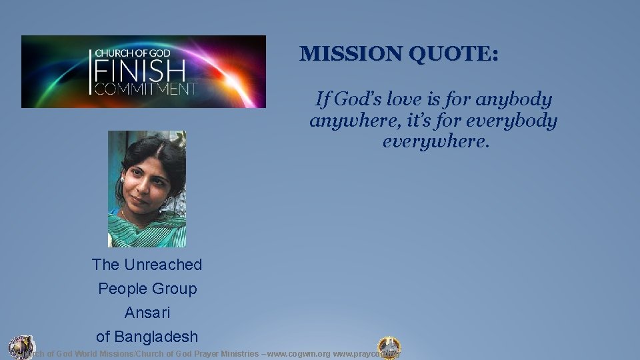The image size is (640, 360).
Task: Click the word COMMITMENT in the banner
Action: coord(145,89)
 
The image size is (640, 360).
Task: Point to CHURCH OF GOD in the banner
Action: coord(132,53)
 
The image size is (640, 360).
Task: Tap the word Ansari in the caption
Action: coord(147,313)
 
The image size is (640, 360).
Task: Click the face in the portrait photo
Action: coord(144,183)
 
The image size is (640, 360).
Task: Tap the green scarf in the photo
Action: coord(147,230)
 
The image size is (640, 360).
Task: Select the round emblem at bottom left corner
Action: coord(21,346)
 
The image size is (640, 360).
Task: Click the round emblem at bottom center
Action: coord(389,347)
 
